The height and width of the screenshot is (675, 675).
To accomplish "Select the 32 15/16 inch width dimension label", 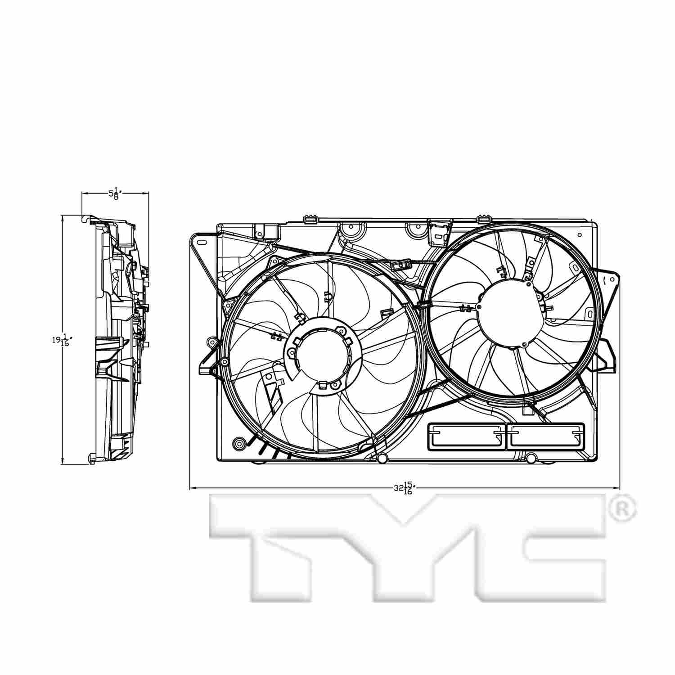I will click(404, 488).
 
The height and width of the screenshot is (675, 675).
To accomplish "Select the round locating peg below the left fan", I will click(382, 459).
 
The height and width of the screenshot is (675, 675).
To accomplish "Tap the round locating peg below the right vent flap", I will click(531, 458).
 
